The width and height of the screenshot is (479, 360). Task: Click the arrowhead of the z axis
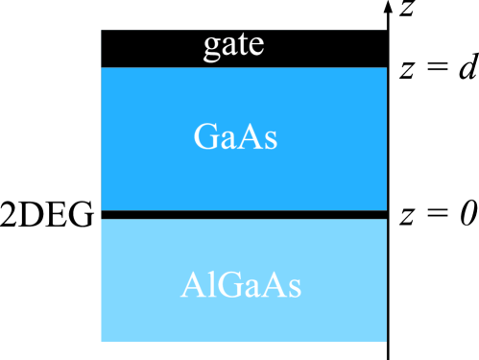(x=387, y=8)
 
